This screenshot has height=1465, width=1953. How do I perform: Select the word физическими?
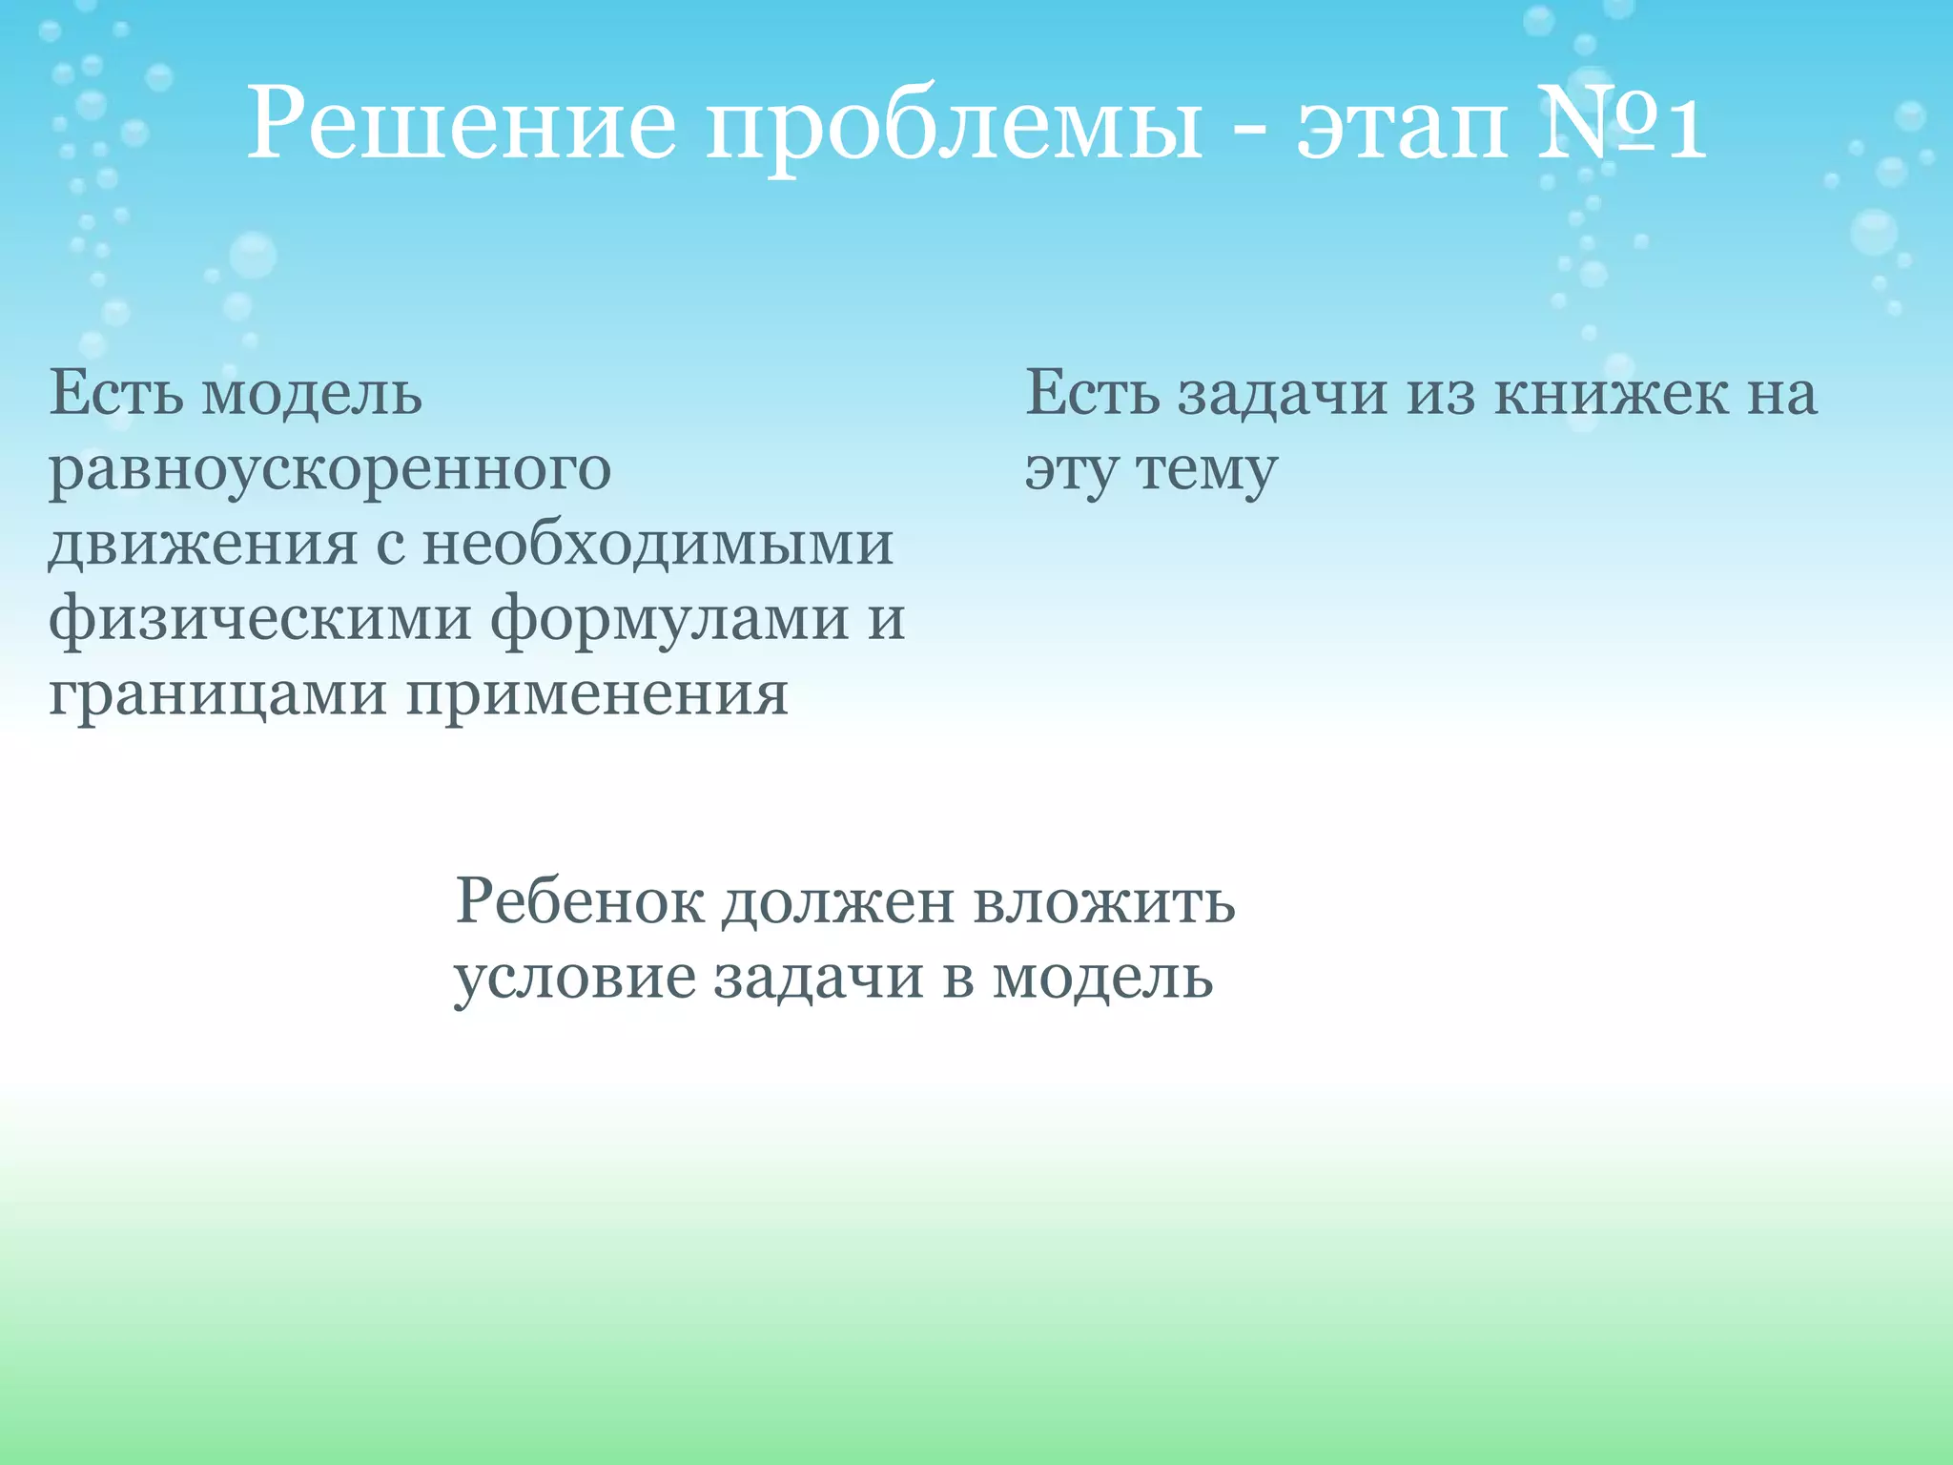pos(260,621)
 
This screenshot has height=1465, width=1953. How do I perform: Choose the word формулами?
pos(668,621)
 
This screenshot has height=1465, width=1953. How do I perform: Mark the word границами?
pos(217,696)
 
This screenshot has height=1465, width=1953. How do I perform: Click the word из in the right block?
pos(1440,393)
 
